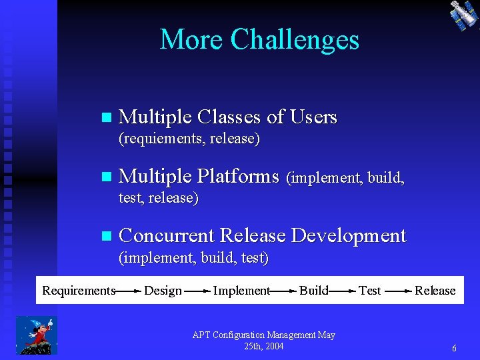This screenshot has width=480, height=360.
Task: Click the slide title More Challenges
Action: (259, 40)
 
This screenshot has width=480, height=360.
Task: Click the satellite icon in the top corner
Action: (463, 15)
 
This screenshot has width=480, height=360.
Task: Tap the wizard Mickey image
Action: (37, 335)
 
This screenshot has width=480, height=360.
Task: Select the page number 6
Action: (454, 348)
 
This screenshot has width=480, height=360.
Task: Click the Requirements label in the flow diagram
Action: (79, 290)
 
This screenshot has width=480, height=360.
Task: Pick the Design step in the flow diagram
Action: (163, 290)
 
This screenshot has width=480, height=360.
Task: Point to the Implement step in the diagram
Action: (241, 290)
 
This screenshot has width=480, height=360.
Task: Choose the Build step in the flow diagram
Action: (313, 290)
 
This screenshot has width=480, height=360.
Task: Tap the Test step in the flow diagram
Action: (369, 290)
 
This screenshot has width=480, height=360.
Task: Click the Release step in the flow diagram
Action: (435, 290)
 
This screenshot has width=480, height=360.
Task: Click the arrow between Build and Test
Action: (343, 291)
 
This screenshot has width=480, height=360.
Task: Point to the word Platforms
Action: (238, 177)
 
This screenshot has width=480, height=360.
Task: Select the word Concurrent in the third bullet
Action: (166, 235)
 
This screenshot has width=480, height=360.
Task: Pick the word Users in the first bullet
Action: (314, 117)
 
